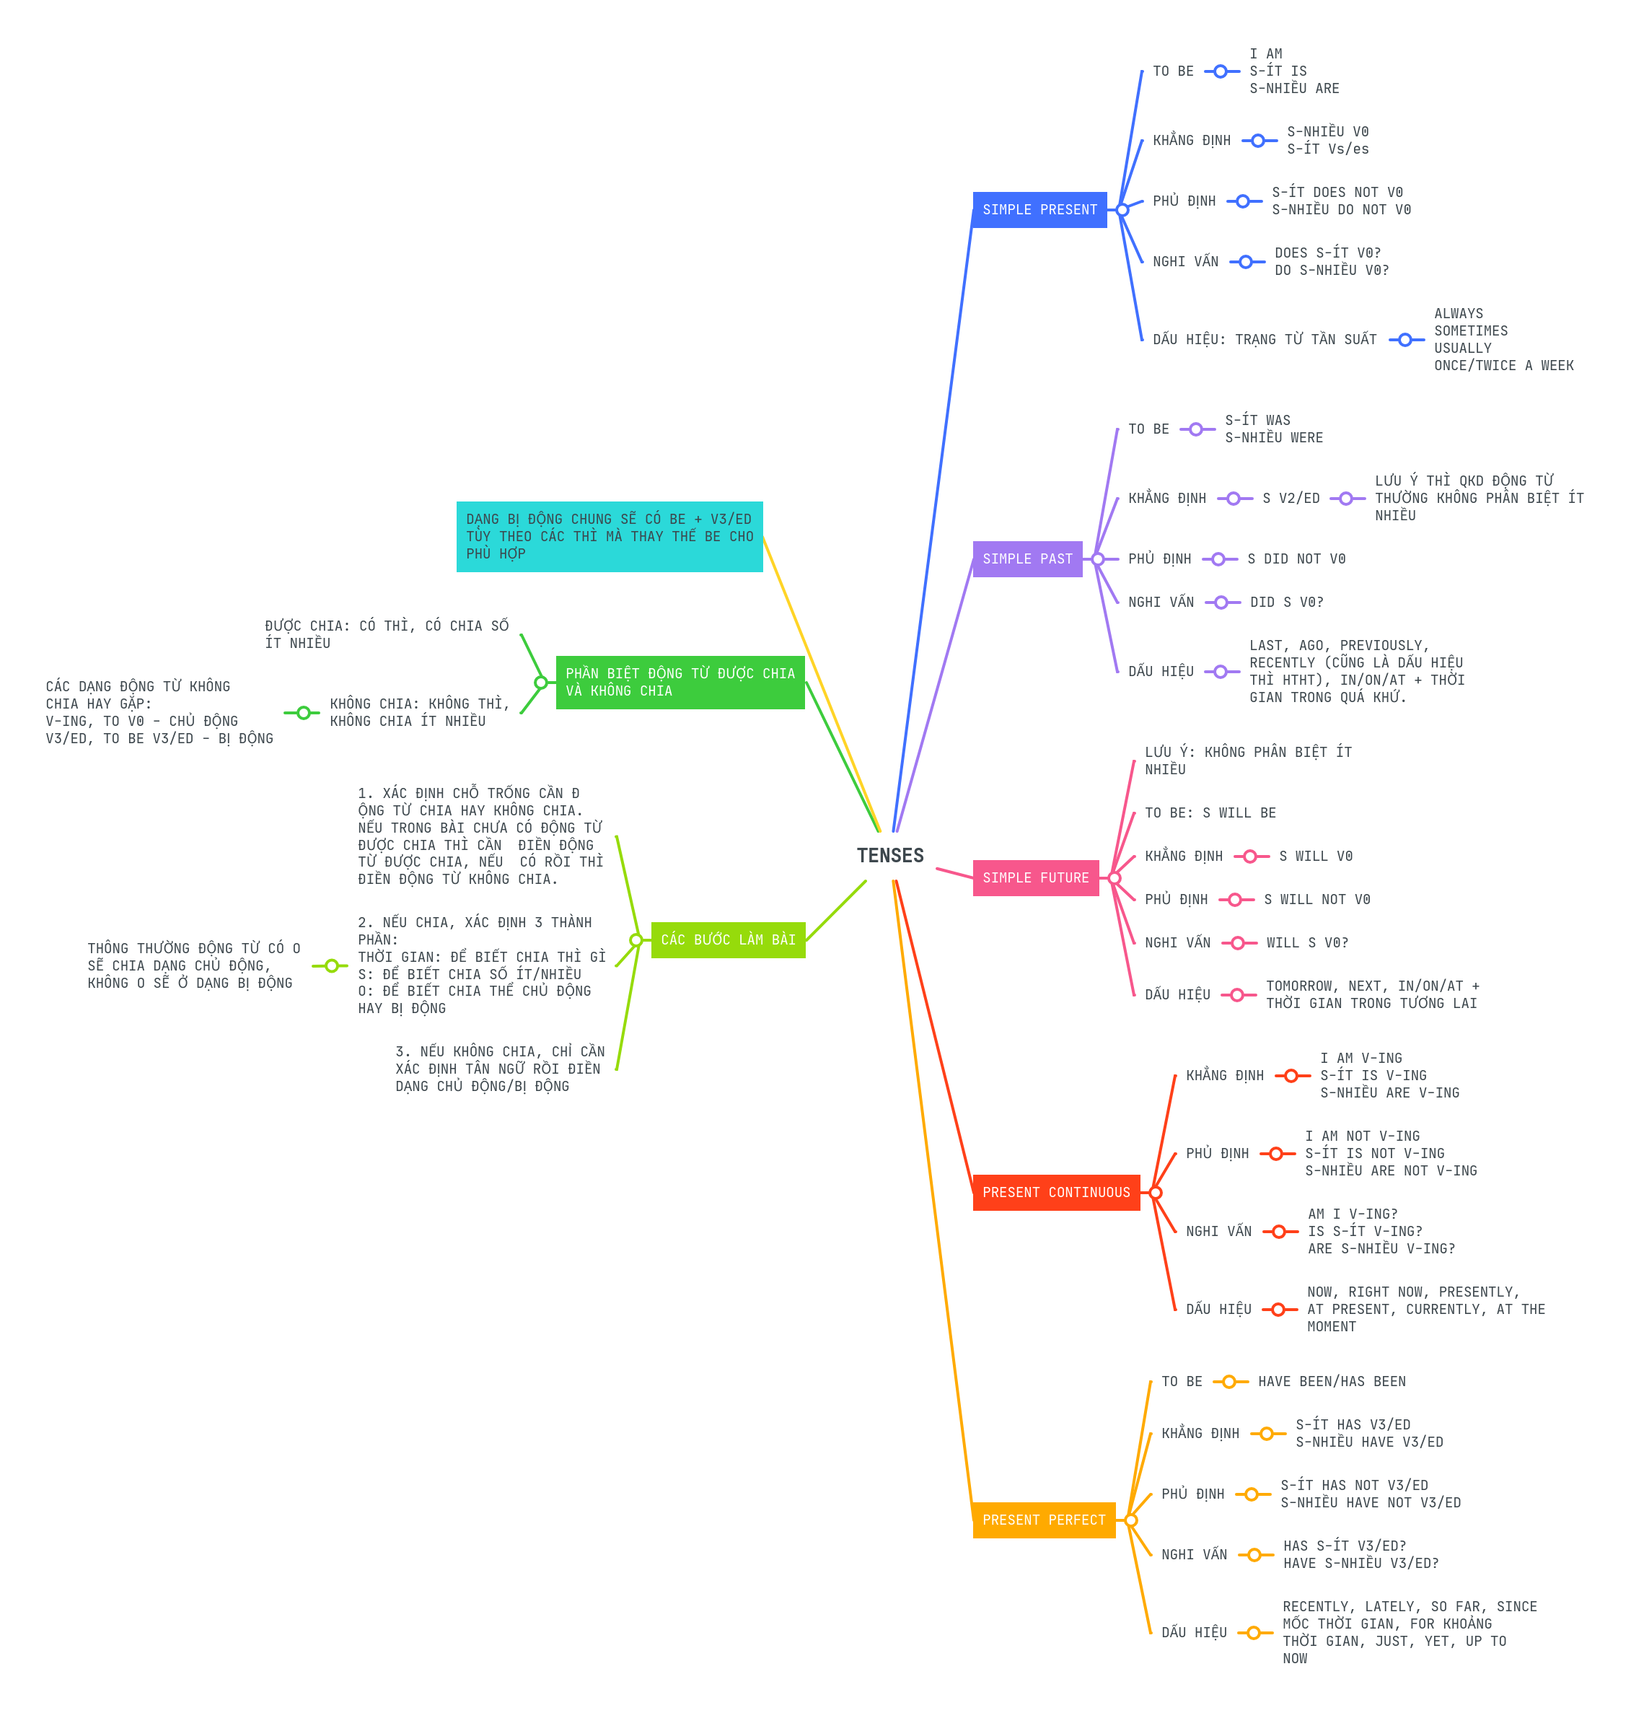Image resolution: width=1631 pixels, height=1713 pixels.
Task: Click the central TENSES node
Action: (x=889, y=856)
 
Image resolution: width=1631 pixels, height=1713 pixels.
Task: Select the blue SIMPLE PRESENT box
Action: (x=1039, y=209)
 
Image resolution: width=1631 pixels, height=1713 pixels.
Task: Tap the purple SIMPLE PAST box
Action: (x=1026, y=559)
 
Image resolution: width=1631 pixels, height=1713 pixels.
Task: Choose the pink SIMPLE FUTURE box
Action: (x=1034, y=878)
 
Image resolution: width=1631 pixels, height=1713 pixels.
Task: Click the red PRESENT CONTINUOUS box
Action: (x=1055, y=1192)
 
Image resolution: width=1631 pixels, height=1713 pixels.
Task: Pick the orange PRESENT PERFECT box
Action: (x=1043, y=1520)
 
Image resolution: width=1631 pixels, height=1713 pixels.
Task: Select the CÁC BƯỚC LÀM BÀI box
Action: (x=728, y=940)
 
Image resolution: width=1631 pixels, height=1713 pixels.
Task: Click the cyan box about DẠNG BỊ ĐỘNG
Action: (x=610, y=537)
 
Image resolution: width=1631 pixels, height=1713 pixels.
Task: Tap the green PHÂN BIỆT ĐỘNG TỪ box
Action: (x=680, y=683)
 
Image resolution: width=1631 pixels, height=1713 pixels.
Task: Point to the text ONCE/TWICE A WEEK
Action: (x=1503, y=366)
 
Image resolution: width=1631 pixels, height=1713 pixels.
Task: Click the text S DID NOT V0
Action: (x=1296, y=559)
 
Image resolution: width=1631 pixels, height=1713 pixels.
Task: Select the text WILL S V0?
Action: (x=1306, y=942)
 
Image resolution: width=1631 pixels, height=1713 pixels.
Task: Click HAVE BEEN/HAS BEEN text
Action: (x=1331, y=1382)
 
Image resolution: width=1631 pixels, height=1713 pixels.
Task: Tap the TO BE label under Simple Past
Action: (x=1148, y=429)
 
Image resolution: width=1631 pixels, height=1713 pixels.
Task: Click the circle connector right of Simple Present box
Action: (x=1122, y=209)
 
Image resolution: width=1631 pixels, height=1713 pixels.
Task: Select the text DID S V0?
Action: (x=1286, y=603)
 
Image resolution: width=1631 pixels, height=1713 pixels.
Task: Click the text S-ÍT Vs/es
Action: (x=1327, y=149)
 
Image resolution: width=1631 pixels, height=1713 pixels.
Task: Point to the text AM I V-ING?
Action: (x=1353, y=1214)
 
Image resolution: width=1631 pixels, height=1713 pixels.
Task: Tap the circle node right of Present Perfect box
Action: (x=1131, y=1520)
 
